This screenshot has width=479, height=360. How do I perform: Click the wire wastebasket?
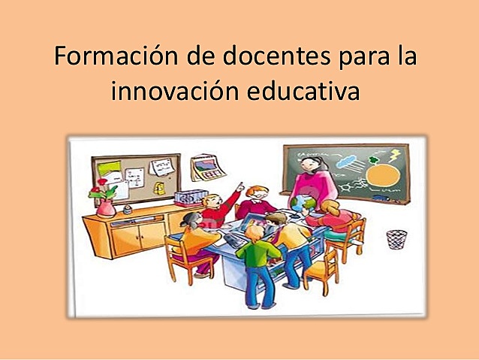[x=396, y=240]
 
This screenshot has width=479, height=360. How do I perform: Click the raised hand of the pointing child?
[x=240, y=185]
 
